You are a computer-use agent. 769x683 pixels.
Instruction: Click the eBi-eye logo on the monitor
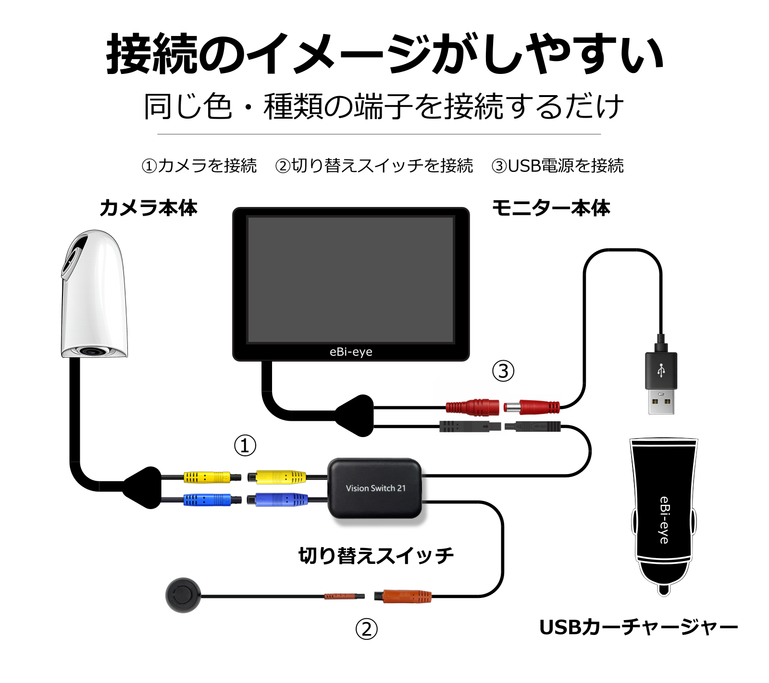[351, 352]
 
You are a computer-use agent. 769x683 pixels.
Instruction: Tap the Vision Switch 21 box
[375, 488]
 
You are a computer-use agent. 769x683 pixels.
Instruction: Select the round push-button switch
[183, 595]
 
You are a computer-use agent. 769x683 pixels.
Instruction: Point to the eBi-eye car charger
[664, 516]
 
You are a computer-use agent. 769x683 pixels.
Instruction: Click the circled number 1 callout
[245, 445]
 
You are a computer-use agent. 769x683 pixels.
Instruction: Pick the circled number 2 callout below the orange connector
[367, 629]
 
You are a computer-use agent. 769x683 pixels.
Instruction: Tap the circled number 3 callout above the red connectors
[503, 371]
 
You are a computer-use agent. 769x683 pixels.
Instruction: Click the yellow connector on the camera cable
[212, 477]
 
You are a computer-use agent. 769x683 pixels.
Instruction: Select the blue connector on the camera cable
[212, 500]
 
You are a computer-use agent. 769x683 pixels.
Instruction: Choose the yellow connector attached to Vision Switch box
[277, 477]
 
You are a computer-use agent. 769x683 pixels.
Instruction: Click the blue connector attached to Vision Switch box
[277, 500]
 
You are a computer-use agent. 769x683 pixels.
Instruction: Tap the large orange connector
[403, 597]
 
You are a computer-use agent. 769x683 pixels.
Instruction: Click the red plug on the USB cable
[532, 407]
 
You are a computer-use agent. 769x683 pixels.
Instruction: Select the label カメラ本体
[149, 208]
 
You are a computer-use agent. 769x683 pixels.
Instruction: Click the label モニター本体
[551, 208]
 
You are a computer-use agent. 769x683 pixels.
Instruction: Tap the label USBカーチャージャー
[639, 627]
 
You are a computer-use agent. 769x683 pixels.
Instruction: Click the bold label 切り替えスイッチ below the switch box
[376, 556]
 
